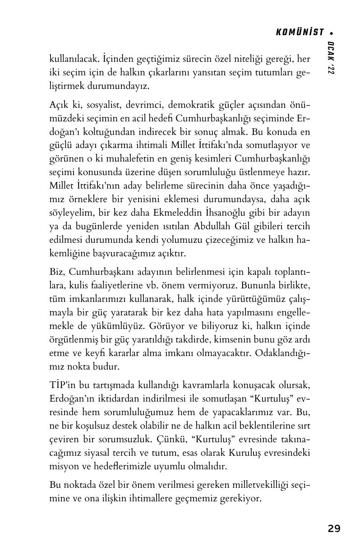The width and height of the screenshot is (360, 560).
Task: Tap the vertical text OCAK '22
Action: (x=331, y=58)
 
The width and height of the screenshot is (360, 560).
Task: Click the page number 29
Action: (x=334, y=528)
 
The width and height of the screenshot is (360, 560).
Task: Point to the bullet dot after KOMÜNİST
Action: (x=332, y=33)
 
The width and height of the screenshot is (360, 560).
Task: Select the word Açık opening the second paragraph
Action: (x=59, y=105)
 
